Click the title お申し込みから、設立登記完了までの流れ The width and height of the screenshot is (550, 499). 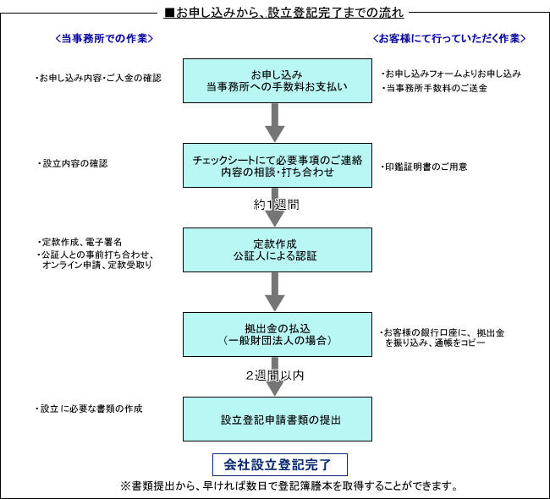click(283, 13)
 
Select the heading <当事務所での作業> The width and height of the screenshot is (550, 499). click(104, 38)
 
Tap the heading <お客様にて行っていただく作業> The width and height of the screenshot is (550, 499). click(449, 38)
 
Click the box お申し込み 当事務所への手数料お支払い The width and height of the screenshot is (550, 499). click(277, 80)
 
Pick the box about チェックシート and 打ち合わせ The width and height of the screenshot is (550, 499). click(277, 165)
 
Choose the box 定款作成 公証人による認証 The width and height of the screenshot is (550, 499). click(277, 249)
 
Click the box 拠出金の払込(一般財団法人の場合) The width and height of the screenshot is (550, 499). click(277, 335)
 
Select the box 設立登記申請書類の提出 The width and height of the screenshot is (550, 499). click(277, 419)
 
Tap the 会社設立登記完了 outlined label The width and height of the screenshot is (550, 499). click(280, 464)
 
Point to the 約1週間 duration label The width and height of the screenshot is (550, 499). click(277, 205)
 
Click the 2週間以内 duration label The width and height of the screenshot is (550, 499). click(275, 376)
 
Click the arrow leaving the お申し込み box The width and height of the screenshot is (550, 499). click(275, 123)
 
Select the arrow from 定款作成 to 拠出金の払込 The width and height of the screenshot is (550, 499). click(275, 292)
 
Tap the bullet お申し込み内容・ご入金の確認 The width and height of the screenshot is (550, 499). click(98, 78)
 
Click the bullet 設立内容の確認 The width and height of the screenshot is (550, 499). click(73, 163)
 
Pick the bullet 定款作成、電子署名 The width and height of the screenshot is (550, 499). click(80, 242)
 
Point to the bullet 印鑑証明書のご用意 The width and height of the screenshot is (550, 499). click(424, 167)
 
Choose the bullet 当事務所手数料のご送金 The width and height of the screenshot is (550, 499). click(435, 88)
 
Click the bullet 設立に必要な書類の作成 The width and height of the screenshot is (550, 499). click(89, 409)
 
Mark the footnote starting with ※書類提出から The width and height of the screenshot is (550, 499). click(289, 486)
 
